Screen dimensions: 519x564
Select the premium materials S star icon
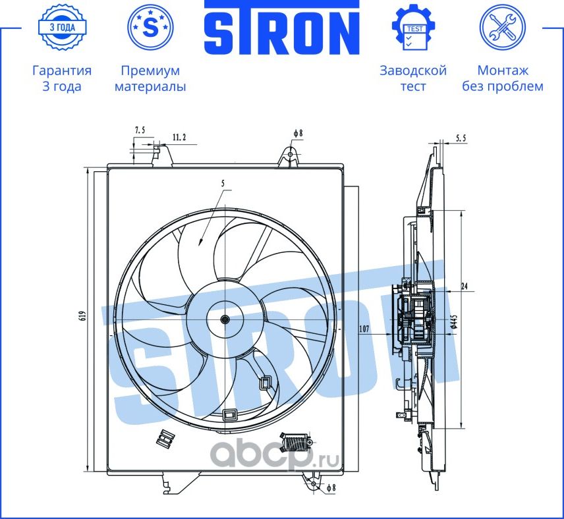click(x=150, y=27)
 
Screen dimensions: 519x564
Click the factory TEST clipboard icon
click(x=413, y=27)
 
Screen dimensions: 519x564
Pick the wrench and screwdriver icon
click(x=502, y=27)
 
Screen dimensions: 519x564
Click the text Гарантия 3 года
click(x=62, y=78)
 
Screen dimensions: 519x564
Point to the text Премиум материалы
click(x=150, y=78)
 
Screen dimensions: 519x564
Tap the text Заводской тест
click(x=413, y=78)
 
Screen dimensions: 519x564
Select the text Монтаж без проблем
click(x=502, y=78)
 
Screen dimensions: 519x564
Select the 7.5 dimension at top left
click(x=140, y=130)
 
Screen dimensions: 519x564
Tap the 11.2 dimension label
click(x=179, y=137)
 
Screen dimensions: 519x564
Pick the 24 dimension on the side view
click(x=465, y=286)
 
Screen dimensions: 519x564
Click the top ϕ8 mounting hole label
click(x=298, y=132)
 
